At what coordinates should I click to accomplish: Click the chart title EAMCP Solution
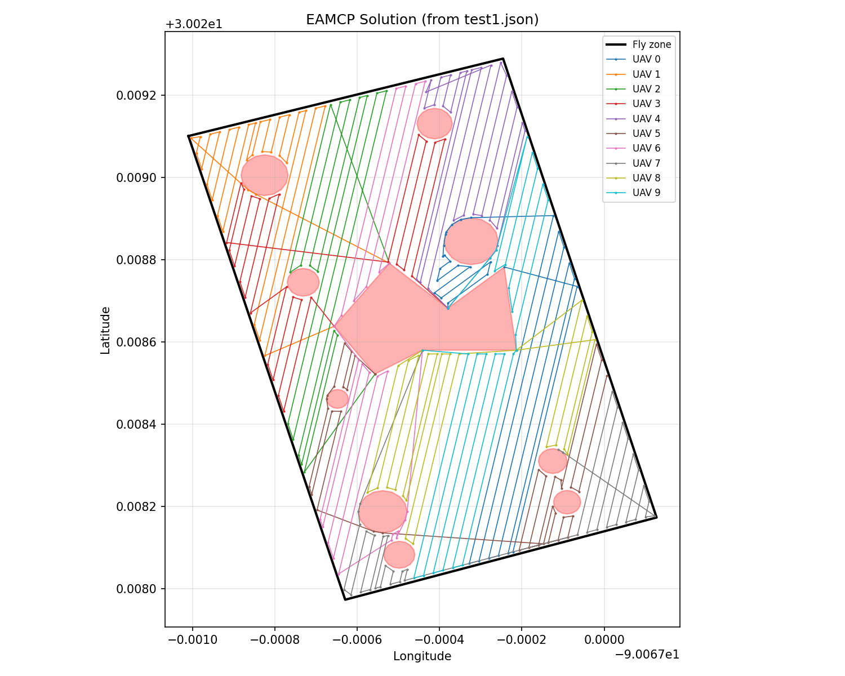[422, 20]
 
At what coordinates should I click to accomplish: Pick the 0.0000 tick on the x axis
[604, 640]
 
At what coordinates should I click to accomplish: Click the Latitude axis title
[105, 330]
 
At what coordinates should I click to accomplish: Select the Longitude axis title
[422, 656]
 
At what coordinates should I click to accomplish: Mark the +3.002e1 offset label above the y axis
[194, 25]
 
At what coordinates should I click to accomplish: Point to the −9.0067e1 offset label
[646, 654]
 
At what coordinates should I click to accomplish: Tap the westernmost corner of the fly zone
[188, 136]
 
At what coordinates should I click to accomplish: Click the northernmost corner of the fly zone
[502, 59]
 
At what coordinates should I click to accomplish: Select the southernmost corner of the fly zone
[345, 599]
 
